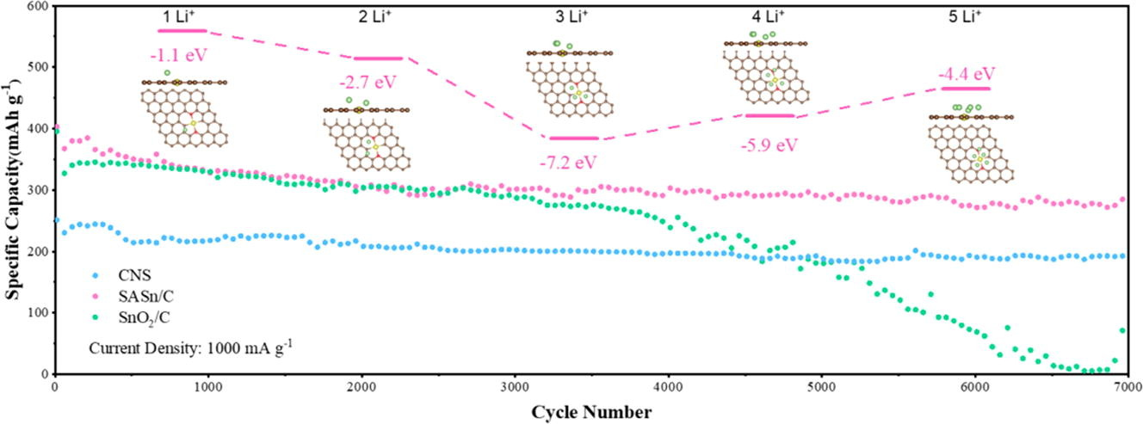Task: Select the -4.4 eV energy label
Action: [x=966, y=74]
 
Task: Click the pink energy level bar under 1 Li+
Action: [x=182, y=31]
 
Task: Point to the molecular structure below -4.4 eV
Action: [x=971, y=143]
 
